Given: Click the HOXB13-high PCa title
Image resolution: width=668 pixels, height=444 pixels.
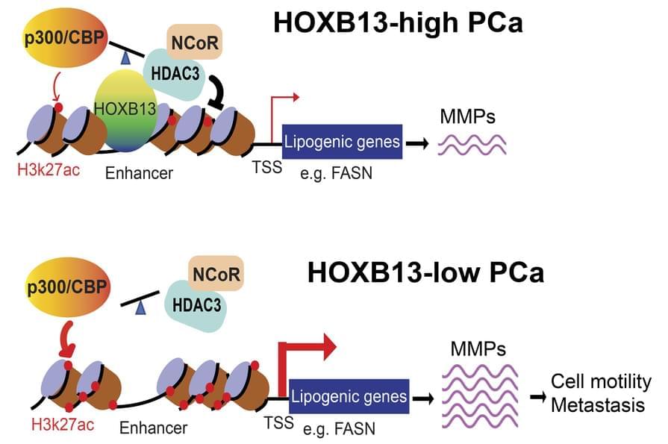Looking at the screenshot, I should coord(398,22).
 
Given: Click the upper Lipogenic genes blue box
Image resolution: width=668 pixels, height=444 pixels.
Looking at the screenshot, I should coord(343,141).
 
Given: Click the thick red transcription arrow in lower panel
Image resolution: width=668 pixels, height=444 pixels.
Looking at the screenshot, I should coord(302,357).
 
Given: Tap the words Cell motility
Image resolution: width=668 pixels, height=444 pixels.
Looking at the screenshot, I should coord(601,382).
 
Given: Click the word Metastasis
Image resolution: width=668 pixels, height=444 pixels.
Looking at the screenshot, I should coord(601,405).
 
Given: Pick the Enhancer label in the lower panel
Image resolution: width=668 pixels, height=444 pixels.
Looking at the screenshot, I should coord(154,428).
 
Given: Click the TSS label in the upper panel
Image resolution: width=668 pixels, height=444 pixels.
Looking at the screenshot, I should coord(266,167).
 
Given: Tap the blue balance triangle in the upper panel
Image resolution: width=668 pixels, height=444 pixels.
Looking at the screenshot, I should coord(126,57).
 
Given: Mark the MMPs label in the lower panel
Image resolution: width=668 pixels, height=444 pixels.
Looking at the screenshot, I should coord(478,348).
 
